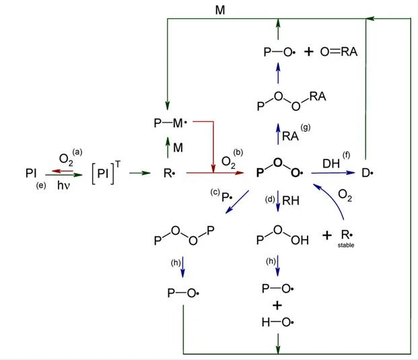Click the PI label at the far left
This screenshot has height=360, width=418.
coord(31,173)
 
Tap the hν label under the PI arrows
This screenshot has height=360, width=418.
coord(63,185)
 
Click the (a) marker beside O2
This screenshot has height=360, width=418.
coord(77,152)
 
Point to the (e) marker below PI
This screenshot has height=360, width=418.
coord(41,185)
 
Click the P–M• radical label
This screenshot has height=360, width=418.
coord(170,123)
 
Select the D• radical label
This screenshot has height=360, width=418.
coord(368,173)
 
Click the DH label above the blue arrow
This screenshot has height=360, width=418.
coord(331,164)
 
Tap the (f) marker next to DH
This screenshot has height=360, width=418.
coord(346,155)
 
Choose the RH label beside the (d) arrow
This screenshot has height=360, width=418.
coord(291,201)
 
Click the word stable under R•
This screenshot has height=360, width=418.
coord(346,245)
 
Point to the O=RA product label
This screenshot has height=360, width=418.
coord(339,52)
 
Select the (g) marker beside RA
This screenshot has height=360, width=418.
coord(306,128)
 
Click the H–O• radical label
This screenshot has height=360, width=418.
coord(278,322)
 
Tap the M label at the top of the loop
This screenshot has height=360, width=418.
coord(220,10)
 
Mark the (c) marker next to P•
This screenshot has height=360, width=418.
coord(215,192)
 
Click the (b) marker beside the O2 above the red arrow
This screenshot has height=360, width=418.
coord(238,153)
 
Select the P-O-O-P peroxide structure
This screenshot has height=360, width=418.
coord(184,236)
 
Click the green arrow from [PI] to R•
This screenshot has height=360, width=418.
coord(140,173)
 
